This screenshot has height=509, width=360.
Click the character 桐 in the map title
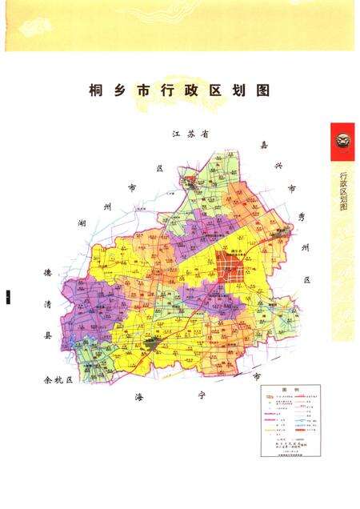(97, 91)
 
